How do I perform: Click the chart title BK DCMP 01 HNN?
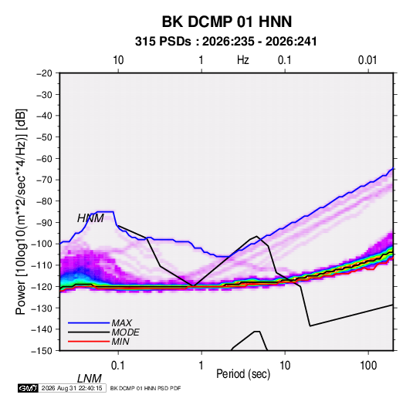227,22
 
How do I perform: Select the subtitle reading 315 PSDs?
163,42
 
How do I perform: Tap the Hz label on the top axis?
243,60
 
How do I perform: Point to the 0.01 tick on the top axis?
367,60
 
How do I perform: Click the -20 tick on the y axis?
44,73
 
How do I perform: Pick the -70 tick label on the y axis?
44,180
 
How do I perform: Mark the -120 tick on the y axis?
42,287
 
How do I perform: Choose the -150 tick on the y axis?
42,351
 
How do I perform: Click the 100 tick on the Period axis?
368,366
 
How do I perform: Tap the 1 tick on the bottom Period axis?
201,366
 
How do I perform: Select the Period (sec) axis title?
243,374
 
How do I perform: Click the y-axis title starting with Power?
21,212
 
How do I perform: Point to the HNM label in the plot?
90,218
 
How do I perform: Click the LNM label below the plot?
89,379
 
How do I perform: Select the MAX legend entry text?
122,323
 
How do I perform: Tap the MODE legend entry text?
125,332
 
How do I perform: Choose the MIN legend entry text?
120,342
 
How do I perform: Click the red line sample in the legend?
89,342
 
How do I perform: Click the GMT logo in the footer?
28,388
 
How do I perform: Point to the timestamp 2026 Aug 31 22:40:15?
72,388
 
